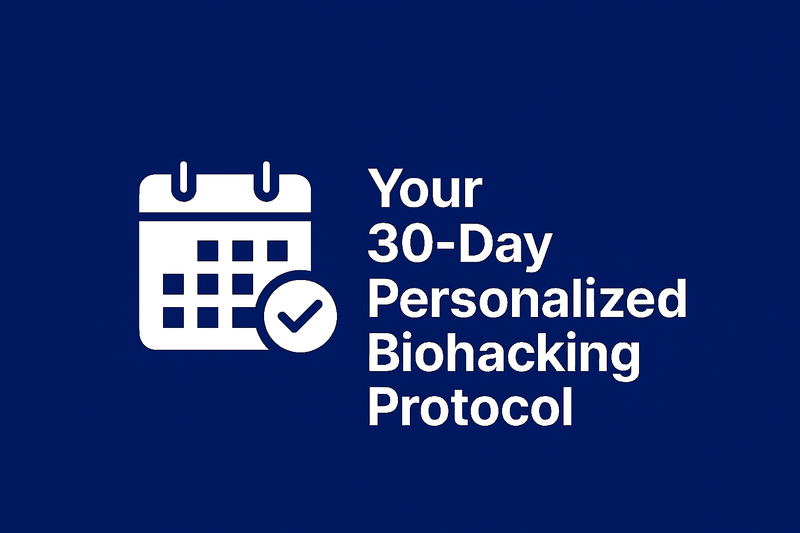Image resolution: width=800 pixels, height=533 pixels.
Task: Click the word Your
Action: [x=425, y=188]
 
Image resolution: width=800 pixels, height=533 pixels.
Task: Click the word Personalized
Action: [x=527, y=300]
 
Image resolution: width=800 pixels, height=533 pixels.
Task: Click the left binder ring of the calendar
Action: [x=183, y=180]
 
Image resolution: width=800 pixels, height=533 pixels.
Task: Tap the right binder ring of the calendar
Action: [x=266, y=180]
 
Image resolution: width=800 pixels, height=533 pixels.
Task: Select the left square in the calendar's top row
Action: [x=208, y=250]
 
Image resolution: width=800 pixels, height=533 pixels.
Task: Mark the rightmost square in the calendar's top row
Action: [x=277, y=250]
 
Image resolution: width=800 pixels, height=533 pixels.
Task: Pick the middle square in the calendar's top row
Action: [x=243, y=250]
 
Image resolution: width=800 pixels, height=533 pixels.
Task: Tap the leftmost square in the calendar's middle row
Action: [x=173, y=284]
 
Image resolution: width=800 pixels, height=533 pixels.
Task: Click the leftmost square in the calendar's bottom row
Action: [x=173, y=318]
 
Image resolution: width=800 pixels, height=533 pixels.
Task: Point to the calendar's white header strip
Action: [x=225, y=200]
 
